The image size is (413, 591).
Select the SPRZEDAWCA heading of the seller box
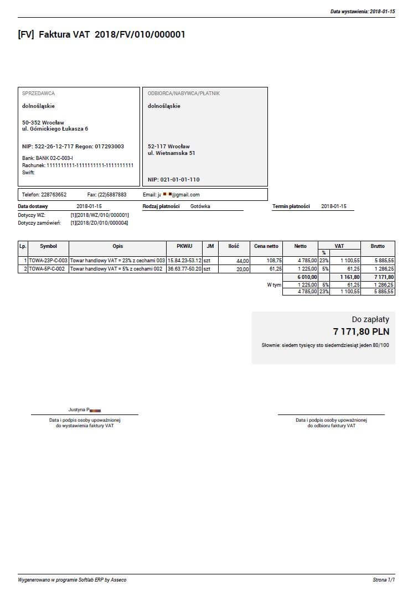pyautogui.click(x=38, y=94)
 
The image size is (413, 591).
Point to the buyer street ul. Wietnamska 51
pyautogui.click(x=171, y=153)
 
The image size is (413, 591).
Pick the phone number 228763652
pyautogui.click(x=54, y=195)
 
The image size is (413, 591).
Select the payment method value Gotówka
pyautogui.click(x=200, y=206)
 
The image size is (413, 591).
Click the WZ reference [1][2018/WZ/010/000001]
pyautogui.click(x=100, y=215)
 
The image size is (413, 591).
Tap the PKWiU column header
pyautogui.click(x=184, y=246)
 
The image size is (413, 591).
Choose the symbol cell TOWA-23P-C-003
pyautogui.click(x=48, y=260)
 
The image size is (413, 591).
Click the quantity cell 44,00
pyautogui.click(x=242, y=260)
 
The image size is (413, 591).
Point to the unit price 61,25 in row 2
pyautogui.click(x=273, y=269)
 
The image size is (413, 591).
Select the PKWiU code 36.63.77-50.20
pyautogui.click(x=184, y=269)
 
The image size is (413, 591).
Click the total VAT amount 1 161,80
pyautogui.click(x=350, y=277)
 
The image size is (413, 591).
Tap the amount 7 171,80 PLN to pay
pyautogui.click(x=361, y=332)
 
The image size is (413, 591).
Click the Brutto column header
pyautogui.click(x=378, y=246)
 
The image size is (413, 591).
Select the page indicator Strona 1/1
pyautogui.click(x=384, y=580)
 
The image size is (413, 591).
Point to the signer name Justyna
pyautogui.click(x=77, y=410)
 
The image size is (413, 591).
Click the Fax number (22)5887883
pyautogui.click(x=115, y=195)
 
